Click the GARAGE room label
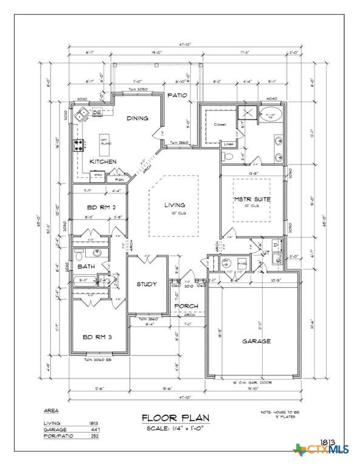pyautogui.click(x=256, y=341)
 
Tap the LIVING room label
pyautogui.click(x=174, y=206)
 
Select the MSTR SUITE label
pyautogui.click(x=252, y=199)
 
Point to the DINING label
pyautogui.click(x=137, y=118)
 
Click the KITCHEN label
pyautogui.click(x=103, y=162)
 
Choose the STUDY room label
pyautogui.click(x=146, y=284)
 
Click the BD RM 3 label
pyautogui.click(x=97, y=337)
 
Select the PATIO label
pyautogui.click(x=177, y=96)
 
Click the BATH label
pyautogui.click(x=86, y=266)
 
